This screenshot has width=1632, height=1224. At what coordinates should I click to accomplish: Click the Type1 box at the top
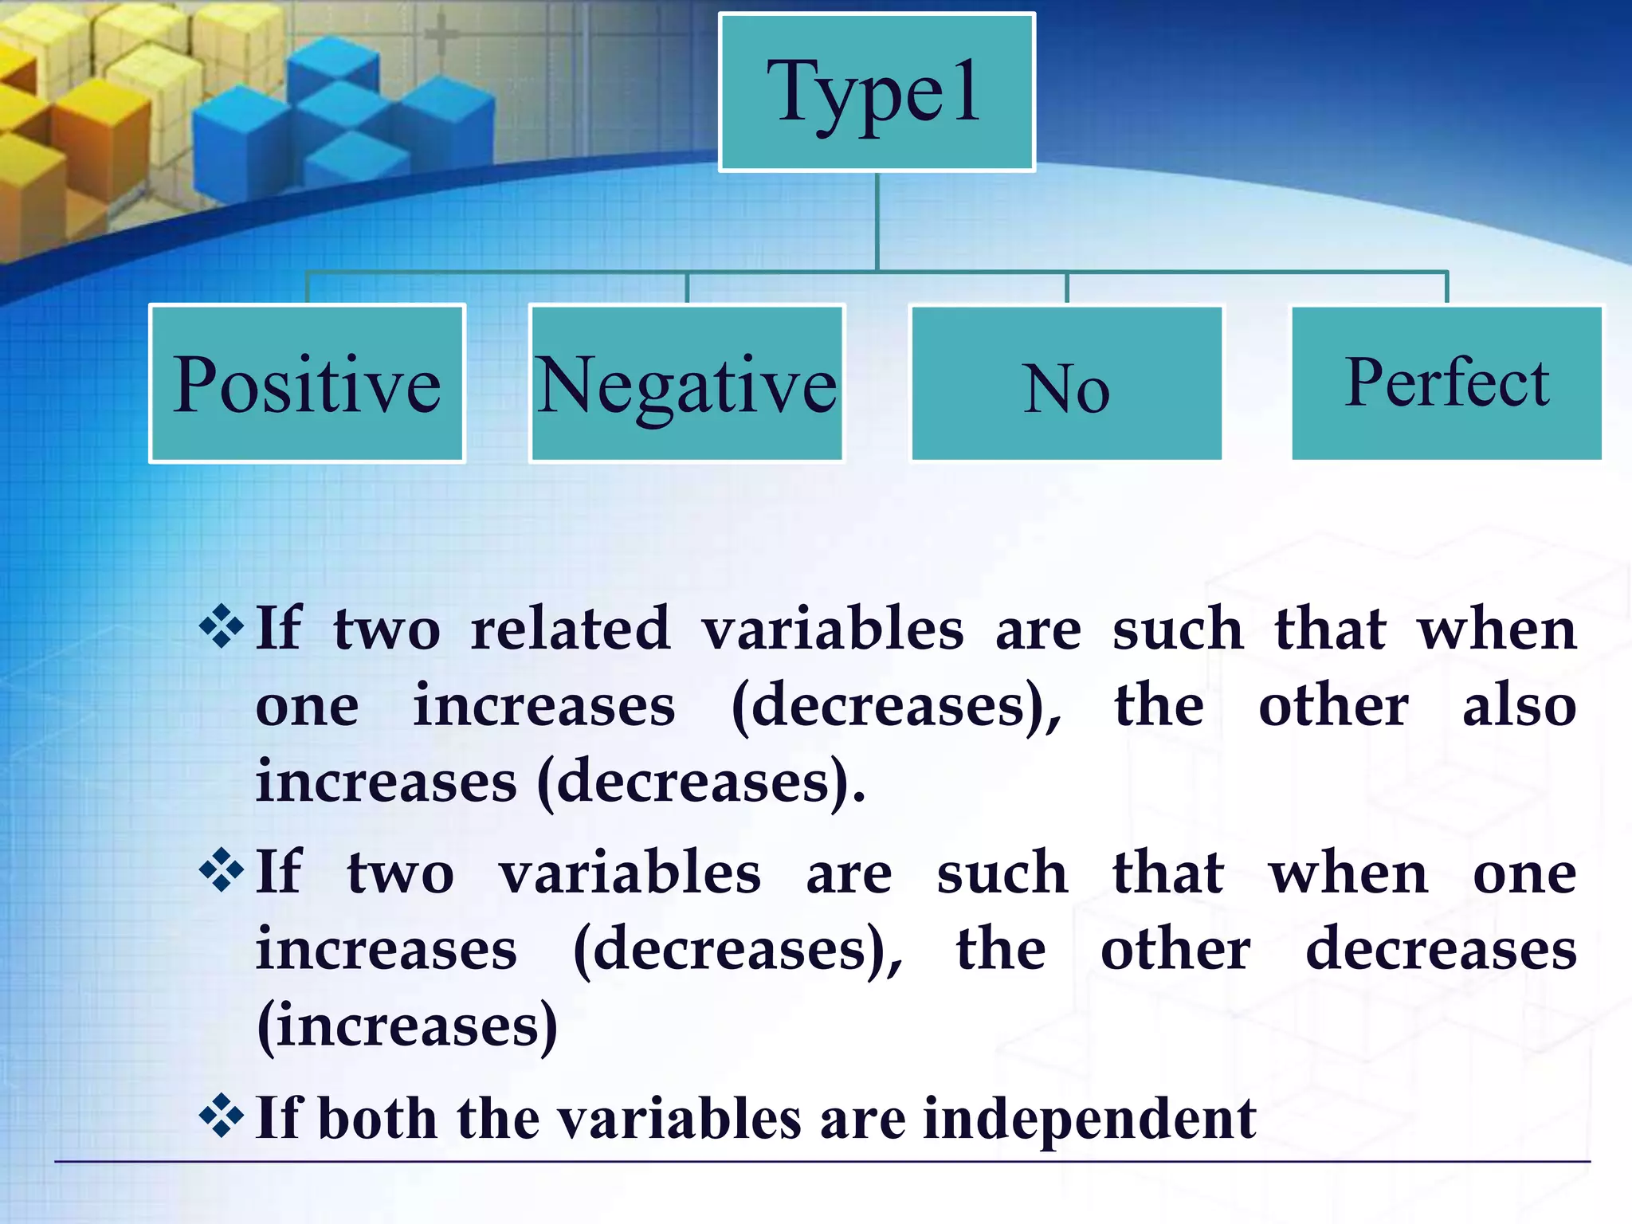coord(877,92)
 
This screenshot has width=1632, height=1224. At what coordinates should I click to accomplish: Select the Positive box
coord(307,383)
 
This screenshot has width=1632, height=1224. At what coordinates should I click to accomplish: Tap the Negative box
coord(686,383)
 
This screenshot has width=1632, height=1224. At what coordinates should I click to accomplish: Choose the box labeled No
coord(1066,383)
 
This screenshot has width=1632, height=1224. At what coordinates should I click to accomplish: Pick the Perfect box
coord(1446,383)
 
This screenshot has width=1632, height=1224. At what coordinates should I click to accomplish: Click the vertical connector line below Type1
coord(877,222)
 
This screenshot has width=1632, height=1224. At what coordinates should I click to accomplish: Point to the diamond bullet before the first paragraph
coord(221,627)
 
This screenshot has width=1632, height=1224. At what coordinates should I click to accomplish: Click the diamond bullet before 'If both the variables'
coord(221,1116)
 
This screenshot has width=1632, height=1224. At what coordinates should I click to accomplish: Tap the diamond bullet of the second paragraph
coord(221,871)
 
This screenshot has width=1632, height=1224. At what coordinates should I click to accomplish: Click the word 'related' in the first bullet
coord(570,630)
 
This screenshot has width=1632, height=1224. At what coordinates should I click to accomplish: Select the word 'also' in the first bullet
coord(1519,706)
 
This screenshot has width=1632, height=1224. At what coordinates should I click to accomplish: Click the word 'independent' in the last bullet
coord(1089,1118)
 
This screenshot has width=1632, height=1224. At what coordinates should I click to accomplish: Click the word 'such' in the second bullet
coord(1002,873)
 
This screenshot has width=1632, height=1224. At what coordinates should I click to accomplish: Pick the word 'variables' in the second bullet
coord(630,873)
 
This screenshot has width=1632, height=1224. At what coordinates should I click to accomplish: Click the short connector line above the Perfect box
coord(1446,288)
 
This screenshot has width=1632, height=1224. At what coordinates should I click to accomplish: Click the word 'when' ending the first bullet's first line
coord(1497,630)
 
